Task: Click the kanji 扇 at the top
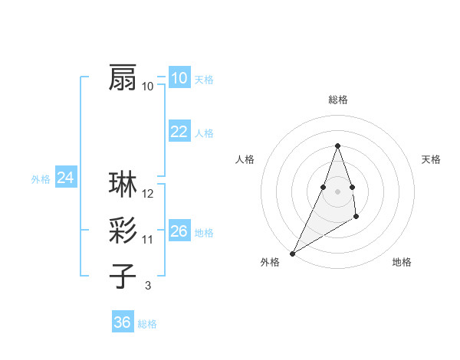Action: click(123, 77)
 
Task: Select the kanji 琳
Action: click(123, 185)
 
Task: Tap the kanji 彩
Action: click(123, 231)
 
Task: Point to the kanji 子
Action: click(123, 277)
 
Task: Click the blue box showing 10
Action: click(179, 78)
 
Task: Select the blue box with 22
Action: click(179, 132)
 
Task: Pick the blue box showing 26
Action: click(179, 231)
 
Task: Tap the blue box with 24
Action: click(65, 178)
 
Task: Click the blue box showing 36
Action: click(122, 322)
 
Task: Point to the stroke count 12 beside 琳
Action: click(148, 194)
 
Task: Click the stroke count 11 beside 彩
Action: click(148, 240)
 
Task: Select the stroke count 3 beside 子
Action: click(148, 286)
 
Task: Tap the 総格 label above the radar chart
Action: click(337, 100)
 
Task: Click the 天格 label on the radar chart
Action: click(432, 159)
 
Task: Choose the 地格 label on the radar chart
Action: click(402, 262)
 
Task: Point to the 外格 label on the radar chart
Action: click(270, 262)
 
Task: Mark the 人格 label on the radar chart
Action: click(245, 159)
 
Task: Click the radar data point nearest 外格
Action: click(293, 253)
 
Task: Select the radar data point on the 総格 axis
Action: click(337, 146)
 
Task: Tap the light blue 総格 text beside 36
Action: click(147, 324)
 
